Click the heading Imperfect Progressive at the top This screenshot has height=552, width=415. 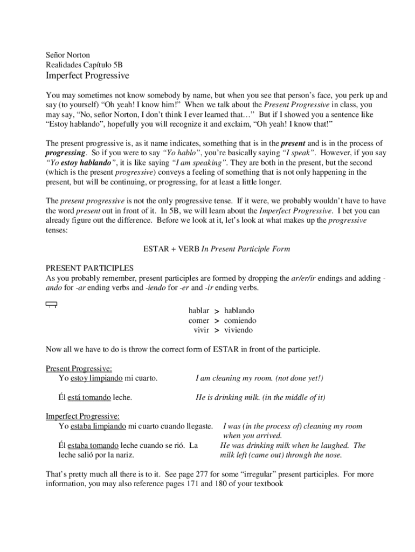tap(87, 75)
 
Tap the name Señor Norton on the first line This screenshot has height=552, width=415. tap(68, 55)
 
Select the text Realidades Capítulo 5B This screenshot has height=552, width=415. tap(84, 65)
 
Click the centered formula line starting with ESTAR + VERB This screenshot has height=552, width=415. tap(216, 249)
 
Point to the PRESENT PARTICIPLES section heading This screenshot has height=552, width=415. tap(89, 268)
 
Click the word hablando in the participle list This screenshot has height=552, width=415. tap(239, 310)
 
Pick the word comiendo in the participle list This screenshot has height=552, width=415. tap(240, 320)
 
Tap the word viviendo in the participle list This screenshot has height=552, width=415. tap(238, 330)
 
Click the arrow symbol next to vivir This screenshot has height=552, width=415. tap(217, 330)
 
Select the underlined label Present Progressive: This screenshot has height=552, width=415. tap(79, 369)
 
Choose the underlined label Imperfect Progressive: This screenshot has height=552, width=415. tap(82, 417)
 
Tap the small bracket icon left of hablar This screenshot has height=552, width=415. tap(52, 306)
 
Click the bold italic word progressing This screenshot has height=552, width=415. tap(67, 153)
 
